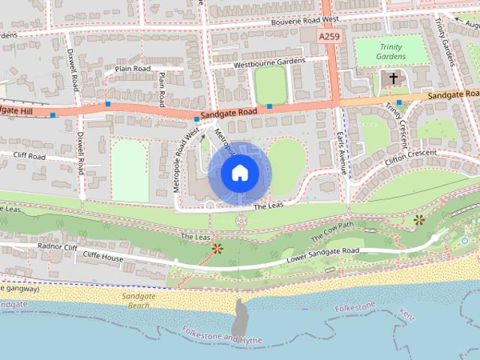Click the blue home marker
point(239,173)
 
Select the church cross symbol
point(393,77)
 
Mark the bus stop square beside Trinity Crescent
point(399,103)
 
